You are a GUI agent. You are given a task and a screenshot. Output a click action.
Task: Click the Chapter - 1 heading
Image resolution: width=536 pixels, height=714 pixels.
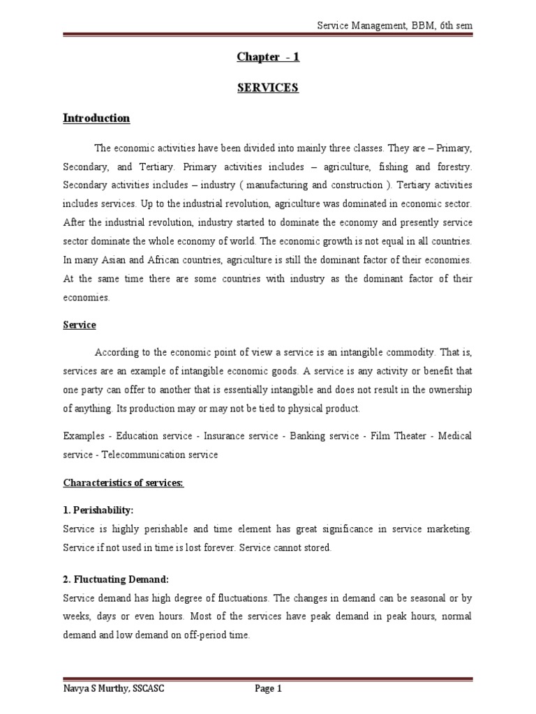pos(268,57)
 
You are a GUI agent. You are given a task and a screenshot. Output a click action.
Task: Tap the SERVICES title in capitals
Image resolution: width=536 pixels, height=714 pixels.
pos(268,88)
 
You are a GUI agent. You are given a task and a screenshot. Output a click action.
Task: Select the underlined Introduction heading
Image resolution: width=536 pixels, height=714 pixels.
pos(96,119)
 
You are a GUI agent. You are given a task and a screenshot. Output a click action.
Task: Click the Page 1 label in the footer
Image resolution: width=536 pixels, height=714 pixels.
pos(269,690)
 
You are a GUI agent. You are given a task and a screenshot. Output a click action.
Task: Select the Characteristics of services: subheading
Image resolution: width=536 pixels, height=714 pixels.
pos(124,483)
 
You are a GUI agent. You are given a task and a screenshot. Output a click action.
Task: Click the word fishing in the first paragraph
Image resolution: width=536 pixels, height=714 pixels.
pos(392,168)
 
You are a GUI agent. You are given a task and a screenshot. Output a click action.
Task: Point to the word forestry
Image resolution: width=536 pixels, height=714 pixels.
pos(452,168)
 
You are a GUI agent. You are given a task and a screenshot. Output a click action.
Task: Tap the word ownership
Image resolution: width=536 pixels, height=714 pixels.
pos(447,389)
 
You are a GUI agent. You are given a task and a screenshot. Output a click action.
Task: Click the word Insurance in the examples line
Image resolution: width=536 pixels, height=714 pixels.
pos(226,436)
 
